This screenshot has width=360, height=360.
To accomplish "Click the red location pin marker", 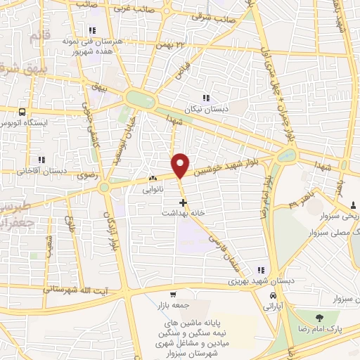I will point(181,165).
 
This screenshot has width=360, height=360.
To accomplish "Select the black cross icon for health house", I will point(184,202).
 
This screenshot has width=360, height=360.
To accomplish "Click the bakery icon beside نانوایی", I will point(153,179).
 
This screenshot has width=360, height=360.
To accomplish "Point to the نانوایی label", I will point(153,189).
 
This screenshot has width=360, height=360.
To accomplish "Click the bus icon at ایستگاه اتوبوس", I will point(23,111).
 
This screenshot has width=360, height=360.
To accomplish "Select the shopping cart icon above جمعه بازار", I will point(172,295).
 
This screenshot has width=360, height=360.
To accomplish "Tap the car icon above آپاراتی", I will point(271,297).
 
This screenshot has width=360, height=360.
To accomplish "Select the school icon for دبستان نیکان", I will point(206,98).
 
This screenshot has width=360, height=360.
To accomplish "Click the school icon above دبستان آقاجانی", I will point(41,160).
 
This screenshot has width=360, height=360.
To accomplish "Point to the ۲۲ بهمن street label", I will point(174,45).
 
